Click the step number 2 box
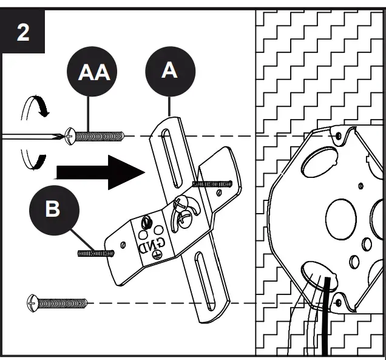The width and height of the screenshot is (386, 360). pos(22,32)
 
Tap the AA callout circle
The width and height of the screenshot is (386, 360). pos(94,73)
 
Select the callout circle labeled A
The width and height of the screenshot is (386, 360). pos(169,71)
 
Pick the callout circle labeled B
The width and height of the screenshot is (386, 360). pos(53,209)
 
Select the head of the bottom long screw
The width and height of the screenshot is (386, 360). pos(33,302)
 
